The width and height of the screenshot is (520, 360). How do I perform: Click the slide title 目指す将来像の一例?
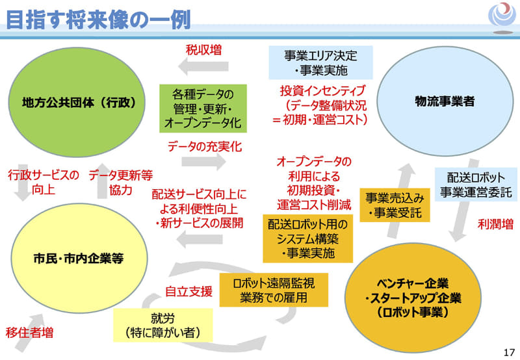pos(98,19)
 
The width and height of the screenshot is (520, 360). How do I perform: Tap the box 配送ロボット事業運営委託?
pos(476,185)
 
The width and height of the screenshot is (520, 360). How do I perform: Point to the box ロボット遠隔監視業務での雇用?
pos(274,290)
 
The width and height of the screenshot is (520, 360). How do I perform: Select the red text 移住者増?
pos(30,333)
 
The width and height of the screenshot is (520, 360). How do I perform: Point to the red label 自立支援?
pos(188,292)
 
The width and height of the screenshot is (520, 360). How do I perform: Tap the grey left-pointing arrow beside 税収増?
pos(199,67)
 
